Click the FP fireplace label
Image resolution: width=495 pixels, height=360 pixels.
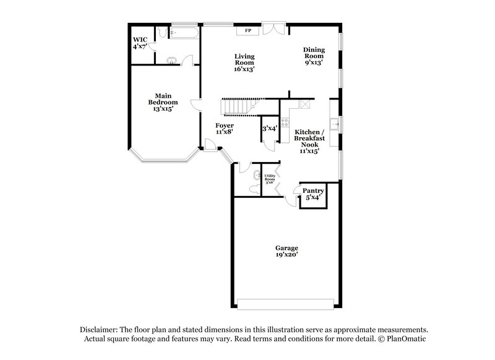pyautogui.click(x=248, y=30)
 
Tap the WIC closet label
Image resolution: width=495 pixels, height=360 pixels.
pyautogui.click(x=138, y=40)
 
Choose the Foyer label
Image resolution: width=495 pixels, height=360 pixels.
pyautogui.click(x=225, y=125)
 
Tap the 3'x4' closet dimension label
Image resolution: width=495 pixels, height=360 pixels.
pyautogui.click(x=269, y=129)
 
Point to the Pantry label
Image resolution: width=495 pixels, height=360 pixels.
pyautogui.click(x=313, y=191)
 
